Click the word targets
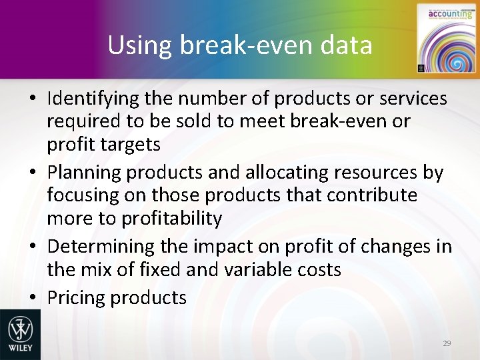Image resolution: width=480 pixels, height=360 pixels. [x=139, y=144]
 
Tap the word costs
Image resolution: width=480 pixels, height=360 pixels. [x=319, y=269]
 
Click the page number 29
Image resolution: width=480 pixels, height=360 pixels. [x=447, y=343]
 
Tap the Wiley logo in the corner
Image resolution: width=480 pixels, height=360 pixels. [x=20, y=334]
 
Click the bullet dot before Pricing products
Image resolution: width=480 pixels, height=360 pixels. [x=32, y=297]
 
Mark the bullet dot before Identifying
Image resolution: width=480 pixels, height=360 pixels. [x=32, y=99]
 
